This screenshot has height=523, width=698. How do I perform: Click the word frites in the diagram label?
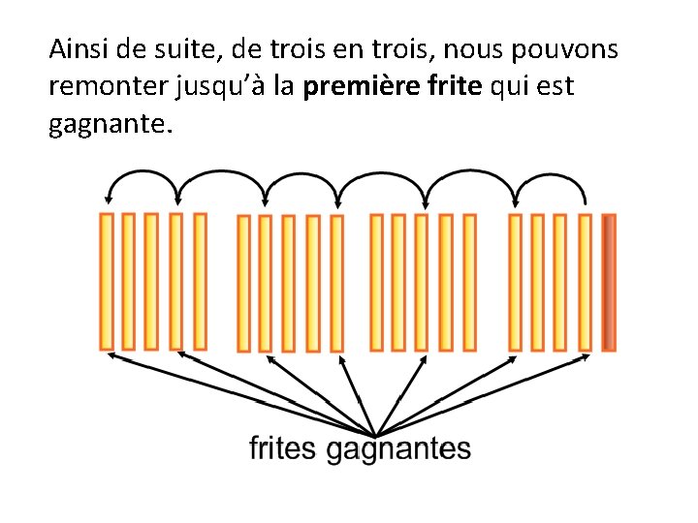point(283,448)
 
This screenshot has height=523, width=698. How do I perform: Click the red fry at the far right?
point(609,282)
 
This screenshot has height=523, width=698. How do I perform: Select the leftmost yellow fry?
point(107,282)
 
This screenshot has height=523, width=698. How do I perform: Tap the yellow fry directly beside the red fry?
point(585,282)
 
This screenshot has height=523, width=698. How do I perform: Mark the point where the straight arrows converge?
point(374,434)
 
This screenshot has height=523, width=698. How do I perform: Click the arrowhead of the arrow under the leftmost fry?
point(111,355)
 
